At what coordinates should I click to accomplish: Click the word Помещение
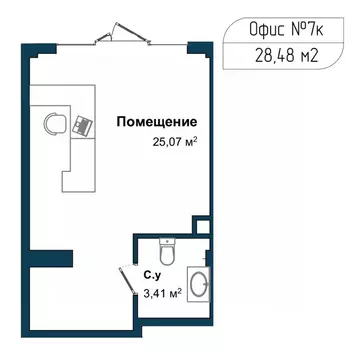point(155,123)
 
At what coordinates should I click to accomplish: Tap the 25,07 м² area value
point(171,142)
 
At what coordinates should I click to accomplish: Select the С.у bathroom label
point(153,272)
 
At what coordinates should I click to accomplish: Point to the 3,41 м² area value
point(162,293)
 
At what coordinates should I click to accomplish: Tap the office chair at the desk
point(55,125)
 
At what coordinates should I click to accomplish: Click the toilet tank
point(168,241)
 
